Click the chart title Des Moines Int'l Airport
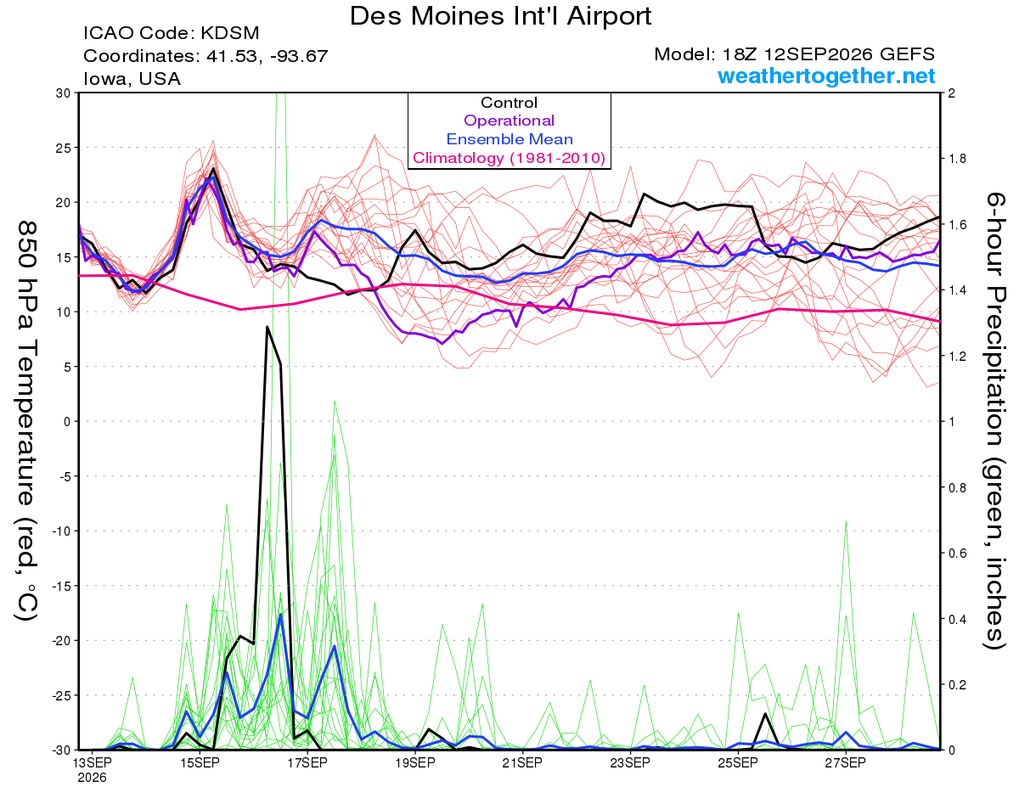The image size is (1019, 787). pos(500,16)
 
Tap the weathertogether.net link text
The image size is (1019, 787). pos(826,76)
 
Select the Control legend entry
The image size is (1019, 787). pos(509,103)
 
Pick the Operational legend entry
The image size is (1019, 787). pos(509,121)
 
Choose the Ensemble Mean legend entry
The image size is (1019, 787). pos(509,139)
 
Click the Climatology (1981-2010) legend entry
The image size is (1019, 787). pos(509,158)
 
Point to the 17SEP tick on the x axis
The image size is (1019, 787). pos(307,762)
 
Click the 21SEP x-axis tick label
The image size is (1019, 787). pos(522,762)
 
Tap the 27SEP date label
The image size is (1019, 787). pos(846,762)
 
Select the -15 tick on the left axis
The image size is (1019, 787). pos(61,586)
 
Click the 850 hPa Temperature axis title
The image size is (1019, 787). pos(26,420)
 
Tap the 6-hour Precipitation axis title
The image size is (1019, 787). pos(994,420)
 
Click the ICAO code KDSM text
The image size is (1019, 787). pos(172,33)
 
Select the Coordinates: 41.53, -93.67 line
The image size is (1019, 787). pos(205,56)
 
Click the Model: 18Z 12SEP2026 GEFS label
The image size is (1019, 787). pos(794,54)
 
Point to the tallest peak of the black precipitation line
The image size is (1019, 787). pos(267,327)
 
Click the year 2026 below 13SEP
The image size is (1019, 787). pos(92,778)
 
